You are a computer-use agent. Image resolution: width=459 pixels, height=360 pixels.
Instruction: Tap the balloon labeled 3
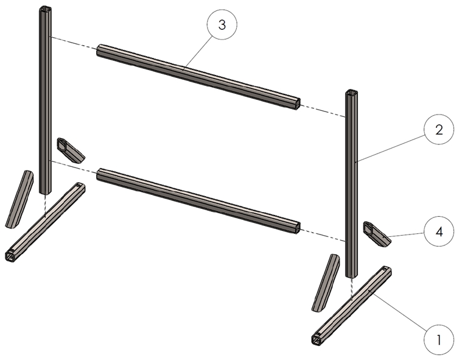222,26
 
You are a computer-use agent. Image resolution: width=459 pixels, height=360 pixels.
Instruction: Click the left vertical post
45,104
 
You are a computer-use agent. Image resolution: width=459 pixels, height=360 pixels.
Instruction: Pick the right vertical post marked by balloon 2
351,183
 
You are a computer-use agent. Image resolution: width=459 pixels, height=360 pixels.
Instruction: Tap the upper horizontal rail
198,76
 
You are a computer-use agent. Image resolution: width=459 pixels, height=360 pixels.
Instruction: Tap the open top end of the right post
352,93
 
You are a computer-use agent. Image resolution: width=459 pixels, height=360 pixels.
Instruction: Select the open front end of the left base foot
11,255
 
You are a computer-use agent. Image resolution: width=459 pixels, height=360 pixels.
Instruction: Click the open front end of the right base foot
317,339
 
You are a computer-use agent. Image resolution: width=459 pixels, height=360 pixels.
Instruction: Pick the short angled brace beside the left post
71,150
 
